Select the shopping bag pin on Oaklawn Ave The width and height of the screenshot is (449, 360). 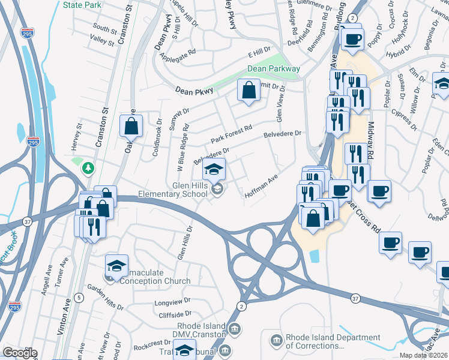point(131,126)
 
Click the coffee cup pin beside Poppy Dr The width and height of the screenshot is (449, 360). point(352,40)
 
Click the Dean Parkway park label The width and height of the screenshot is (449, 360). point(274,69)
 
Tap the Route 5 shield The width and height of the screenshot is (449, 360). point(79,297)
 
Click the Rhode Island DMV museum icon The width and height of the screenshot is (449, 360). point(235,329)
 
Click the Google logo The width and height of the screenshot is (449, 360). point(20,353)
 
